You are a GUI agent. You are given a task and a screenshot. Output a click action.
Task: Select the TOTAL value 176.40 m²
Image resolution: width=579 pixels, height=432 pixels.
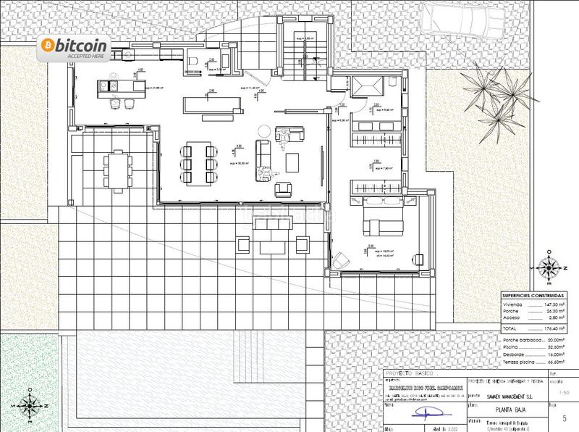click(x=552, y=329)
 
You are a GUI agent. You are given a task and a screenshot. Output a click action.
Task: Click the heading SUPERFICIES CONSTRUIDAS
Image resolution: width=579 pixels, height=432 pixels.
click(x=534, y=296)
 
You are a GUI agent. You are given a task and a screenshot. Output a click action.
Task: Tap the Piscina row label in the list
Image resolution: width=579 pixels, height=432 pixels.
click(x=512, y=347)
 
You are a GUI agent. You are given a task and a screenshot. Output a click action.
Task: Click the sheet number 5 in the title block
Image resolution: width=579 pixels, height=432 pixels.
click(x=564, y=418)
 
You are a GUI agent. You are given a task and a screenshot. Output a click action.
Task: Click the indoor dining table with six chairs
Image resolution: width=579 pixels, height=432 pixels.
click(x=197, y=162)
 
